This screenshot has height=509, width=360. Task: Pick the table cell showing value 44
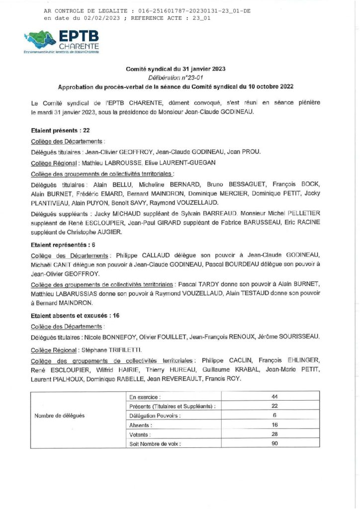coord(274,396)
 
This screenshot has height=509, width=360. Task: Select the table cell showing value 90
coord(274,443)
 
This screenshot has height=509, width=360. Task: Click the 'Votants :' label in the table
coord(141,434)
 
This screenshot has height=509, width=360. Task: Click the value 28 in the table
coord(274,434)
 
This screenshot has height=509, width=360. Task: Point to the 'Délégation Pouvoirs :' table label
coord(155,415)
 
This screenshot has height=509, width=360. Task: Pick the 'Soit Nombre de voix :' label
coord(155,443)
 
